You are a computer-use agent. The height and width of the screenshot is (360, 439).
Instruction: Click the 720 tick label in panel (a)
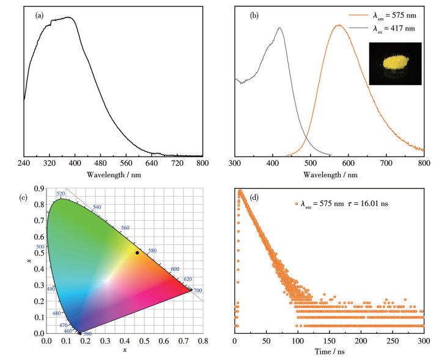point(177,164)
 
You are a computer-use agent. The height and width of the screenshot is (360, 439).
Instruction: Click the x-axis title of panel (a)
point(113,175)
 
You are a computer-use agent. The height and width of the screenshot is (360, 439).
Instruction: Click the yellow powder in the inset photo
point(395,62)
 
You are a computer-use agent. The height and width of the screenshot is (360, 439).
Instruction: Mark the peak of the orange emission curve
point(338,26)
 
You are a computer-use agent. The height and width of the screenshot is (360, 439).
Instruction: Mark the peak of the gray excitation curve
point(279,28)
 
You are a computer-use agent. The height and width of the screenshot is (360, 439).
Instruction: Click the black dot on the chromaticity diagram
point(137,252)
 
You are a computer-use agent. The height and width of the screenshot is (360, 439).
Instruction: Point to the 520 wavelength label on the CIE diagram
point(61,194)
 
